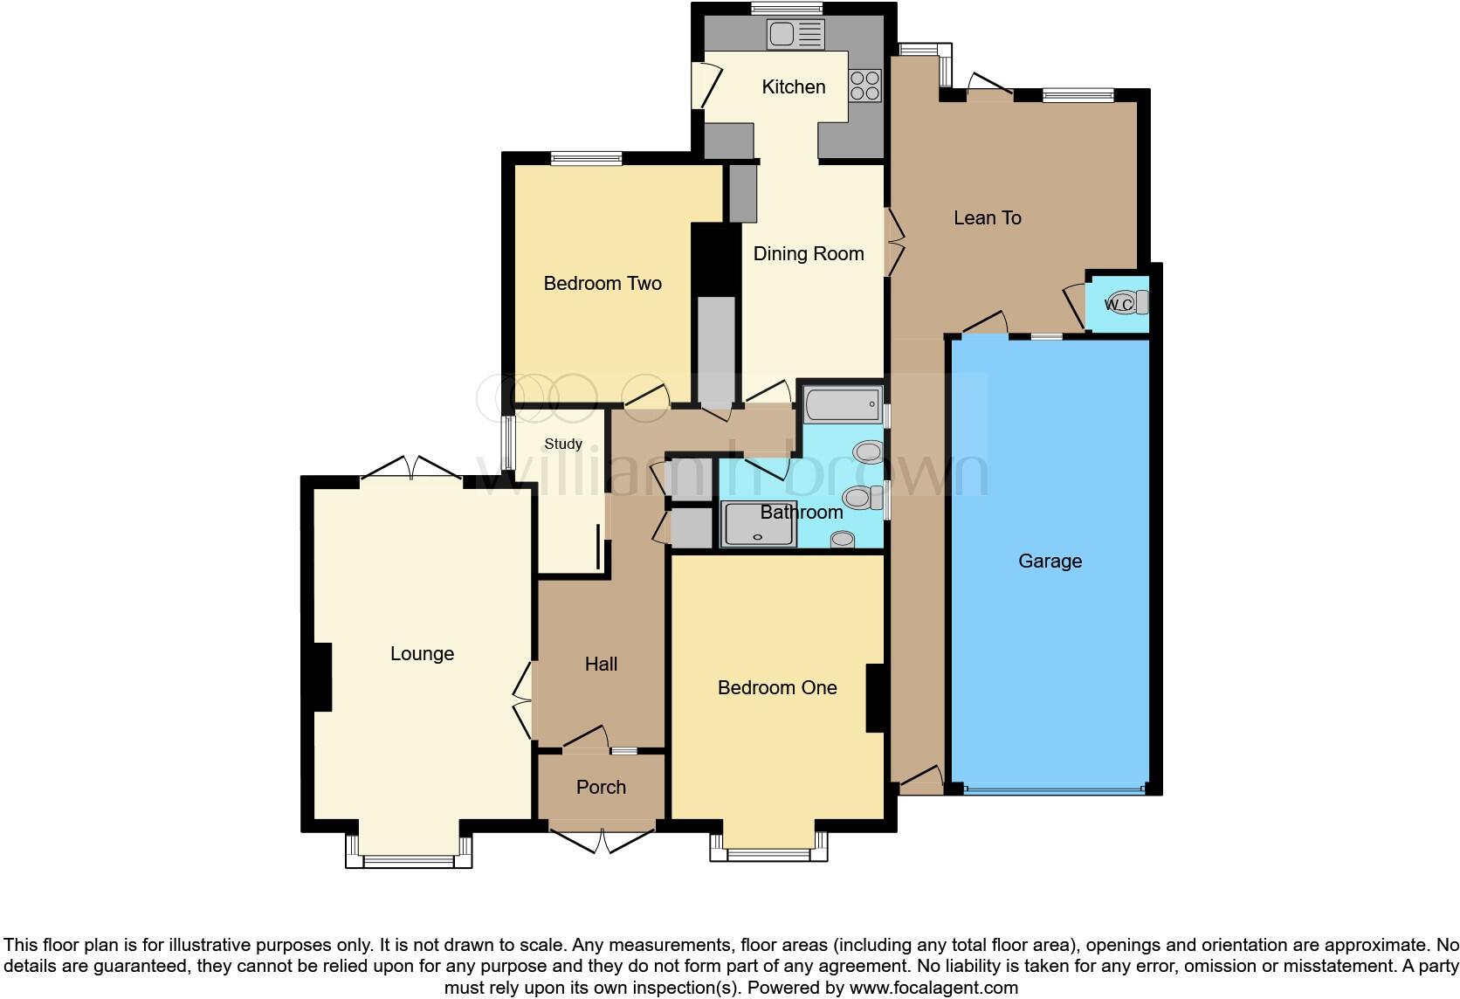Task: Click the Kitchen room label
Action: (793, 86)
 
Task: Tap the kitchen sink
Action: (795, 35)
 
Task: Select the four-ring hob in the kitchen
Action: (864, 86)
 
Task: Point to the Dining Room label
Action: (808, 253)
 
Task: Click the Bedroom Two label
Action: (602, 283)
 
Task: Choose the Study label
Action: (562, 444)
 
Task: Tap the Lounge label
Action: (422, 653)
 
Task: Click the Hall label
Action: (601, 665)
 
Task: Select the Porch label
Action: (601, 787)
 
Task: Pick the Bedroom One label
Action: (776, 687)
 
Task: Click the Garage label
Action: (1050, 561)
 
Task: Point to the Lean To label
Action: (987, 217)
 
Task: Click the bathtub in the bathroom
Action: (842, 405)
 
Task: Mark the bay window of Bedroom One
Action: (768, 852)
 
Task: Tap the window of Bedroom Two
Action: (586, 158)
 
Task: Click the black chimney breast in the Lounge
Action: (321, 677)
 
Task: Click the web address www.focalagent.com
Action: (934, 988)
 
